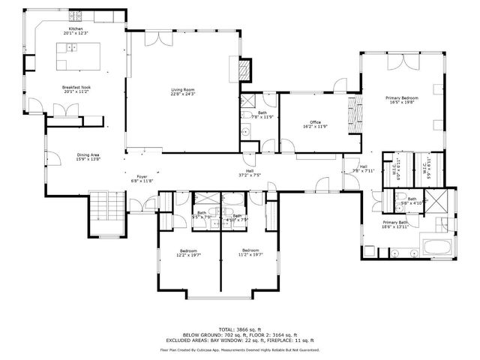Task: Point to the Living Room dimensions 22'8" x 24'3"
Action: pos(183,94)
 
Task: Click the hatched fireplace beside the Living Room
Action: pos(244,70)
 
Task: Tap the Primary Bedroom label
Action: pos(402,100)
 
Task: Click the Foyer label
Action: pos(142,178)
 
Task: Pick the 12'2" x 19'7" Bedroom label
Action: pos(188,252)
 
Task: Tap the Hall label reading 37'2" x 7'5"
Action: pos(249,172)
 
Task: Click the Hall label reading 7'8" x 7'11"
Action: pos(363,168)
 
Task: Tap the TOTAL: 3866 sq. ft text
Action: pos(239,329)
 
